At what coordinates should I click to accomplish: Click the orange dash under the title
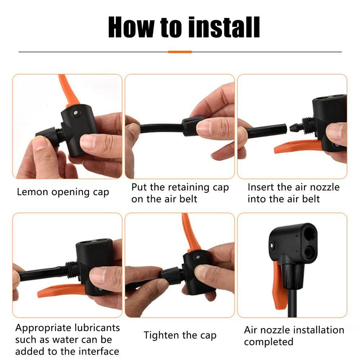click(180, 52)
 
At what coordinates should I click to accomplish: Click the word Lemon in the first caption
click(32, 192)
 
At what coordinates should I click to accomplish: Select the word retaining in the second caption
click(189, 187)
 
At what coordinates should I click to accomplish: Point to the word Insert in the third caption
click(261, 187)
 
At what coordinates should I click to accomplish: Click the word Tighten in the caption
click(160, 335)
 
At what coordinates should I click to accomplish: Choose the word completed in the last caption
click(269, 342)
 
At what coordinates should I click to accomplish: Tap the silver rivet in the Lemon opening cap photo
click(75, 112)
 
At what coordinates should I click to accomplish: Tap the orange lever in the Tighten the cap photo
click(190, 232)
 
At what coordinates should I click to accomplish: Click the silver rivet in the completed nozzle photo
click(272, 246)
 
